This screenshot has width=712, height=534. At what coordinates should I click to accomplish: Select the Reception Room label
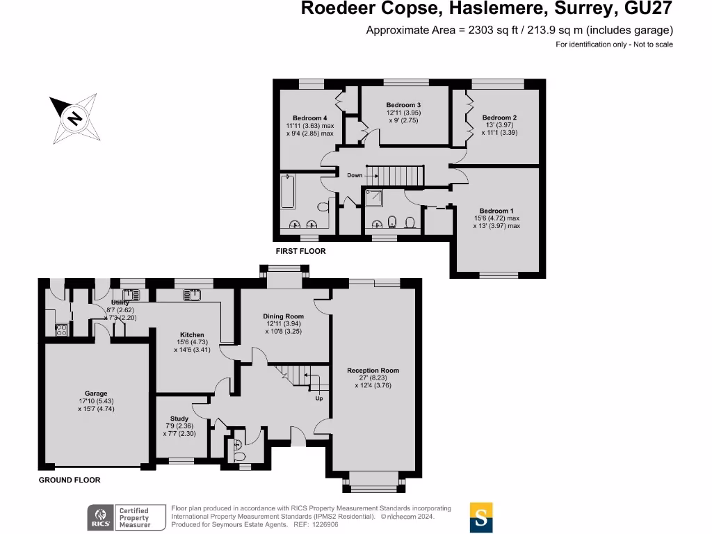coord(373,371)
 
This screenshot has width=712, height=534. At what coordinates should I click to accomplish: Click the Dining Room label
coord(283,316)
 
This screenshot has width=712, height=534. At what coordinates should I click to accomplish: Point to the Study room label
coord(179,419)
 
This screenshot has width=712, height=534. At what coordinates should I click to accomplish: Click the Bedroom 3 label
coord(404,104)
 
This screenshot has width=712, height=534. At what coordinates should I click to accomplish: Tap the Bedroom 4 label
coord(309,118)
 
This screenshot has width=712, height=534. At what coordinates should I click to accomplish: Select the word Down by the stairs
coord(355,175)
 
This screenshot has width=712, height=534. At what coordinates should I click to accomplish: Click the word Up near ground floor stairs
coord(319,398)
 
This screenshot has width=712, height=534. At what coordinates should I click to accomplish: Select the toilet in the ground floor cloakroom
coord(240,455)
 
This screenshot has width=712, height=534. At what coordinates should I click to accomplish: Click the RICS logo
coord(100,517)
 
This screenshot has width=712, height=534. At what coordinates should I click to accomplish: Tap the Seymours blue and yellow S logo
coord(481,517)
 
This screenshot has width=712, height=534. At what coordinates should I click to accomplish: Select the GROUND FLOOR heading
coord(70,480)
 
